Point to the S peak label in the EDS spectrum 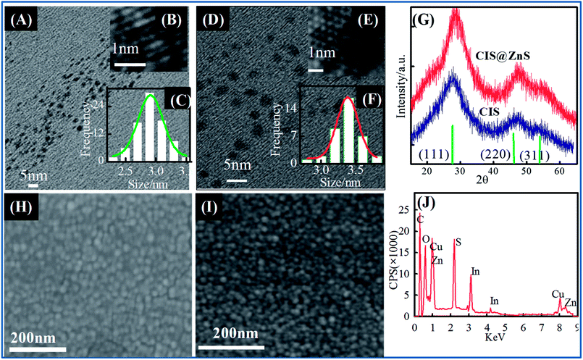click(458, 243)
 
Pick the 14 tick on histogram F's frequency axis click(288, 106)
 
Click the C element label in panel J click(419, 218)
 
